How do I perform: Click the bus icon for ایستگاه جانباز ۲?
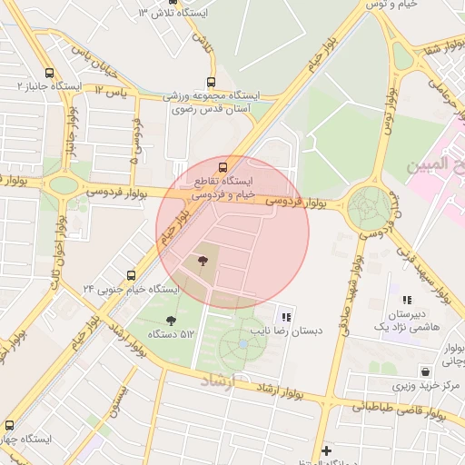48,73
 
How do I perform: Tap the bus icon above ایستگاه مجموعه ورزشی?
212,82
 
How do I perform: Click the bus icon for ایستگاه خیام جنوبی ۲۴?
132,274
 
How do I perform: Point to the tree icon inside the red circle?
202,262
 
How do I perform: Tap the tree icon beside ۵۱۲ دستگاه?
171,320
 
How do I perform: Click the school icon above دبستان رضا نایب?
286,317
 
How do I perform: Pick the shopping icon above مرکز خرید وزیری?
425,371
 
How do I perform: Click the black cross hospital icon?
326,450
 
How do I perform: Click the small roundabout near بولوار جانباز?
64,185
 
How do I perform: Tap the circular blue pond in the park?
242,344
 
